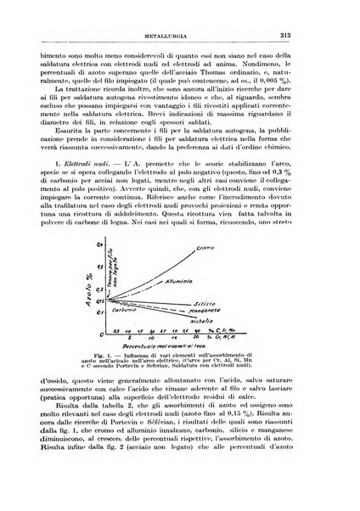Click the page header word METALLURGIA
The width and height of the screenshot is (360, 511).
(182, 12)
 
